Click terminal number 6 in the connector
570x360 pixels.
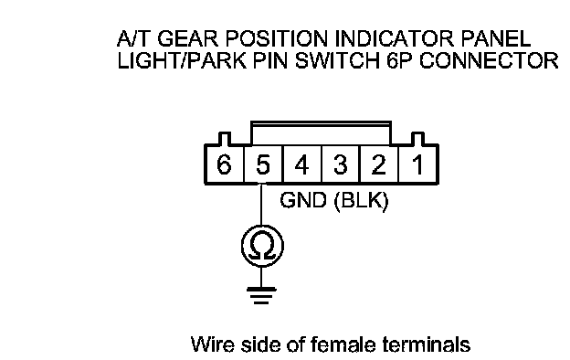point(224,164)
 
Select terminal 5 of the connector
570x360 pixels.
point(263,164)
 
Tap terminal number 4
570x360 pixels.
point(301,164)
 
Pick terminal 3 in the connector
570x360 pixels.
point(341,164)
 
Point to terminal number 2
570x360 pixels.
point(379,164)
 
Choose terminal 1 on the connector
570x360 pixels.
point(418,164)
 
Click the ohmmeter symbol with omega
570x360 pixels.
point(262,246)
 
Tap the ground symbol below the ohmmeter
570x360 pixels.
point(261,295)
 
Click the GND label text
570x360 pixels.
point(303,200)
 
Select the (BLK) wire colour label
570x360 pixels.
point(361,201)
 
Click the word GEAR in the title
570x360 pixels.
point(187,38)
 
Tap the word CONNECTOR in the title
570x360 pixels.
point(488,60)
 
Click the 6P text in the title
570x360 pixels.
point(399,60)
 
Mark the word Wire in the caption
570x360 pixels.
point(212,344)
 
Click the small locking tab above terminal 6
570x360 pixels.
point(224,139)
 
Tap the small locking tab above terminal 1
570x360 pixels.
point(417,139)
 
